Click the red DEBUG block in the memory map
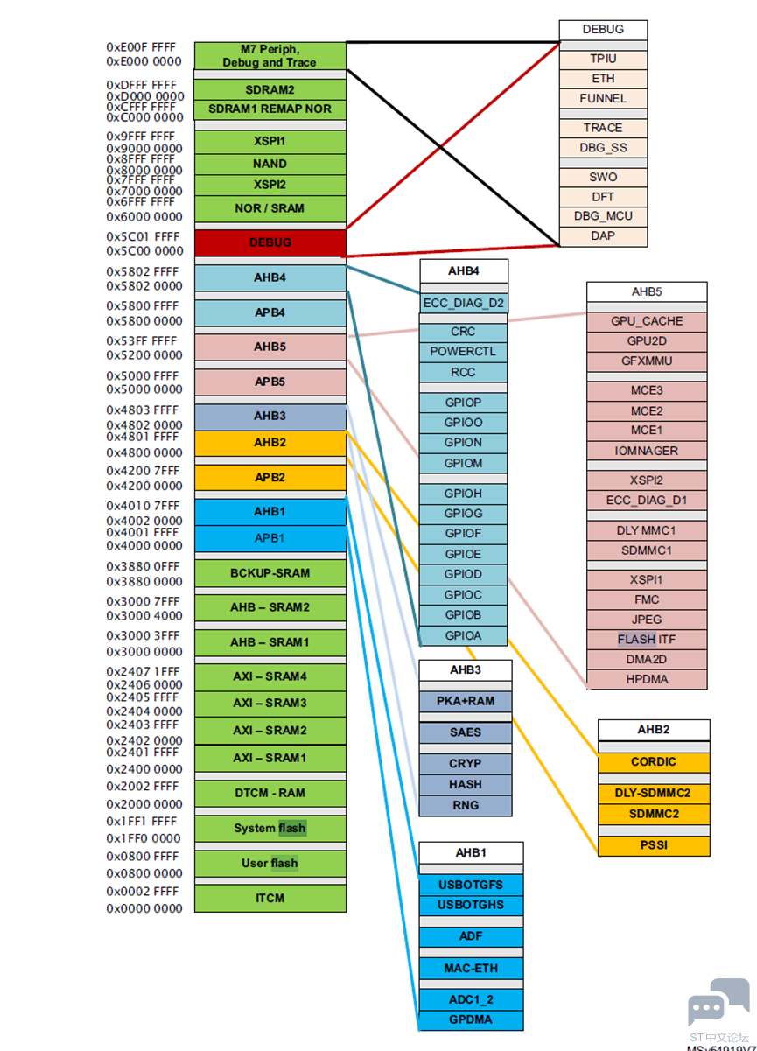click(x=270, y=242)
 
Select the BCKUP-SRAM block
click(x=270, y=573)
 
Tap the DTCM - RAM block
click(x=270, y=793)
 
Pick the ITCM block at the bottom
click(x=270, y=898)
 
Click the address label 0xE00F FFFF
click(x=141, y=47)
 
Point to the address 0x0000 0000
click(x=144, y=908)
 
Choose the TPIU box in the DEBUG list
click(x=603, y=60)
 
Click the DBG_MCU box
click(x=603, y=216)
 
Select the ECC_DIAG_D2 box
click(x=464, y=303)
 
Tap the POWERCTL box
click(x=463, y=352)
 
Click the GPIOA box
click(x=463, y=635)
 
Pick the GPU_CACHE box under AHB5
click(x=647, y=321)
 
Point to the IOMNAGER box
click(x=647, y=451)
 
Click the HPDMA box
click(x=647, y=679)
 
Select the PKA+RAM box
click(x=465, y=701)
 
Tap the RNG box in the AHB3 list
click(x=465, y=806)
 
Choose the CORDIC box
click(x=654, y=762)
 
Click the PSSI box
click(x=654, y=845)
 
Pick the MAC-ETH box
click(x=471, y=969)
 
